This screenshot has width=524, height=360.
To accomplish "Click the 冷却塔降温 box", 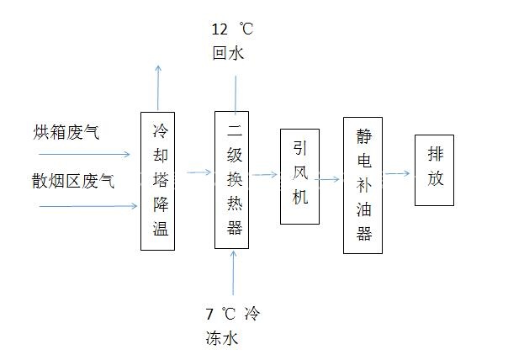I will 157,180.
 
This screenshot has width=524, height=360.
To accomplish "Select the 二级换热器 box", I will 232,180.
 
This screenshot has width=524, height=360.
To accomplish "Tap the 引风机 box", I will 299,177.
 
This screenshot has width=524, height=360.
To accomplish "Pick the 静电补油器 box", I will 363,185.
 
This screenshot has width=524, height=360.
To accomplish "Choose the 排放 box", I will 434,168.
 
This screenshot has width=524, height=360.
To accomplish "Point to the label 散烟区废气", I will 73,181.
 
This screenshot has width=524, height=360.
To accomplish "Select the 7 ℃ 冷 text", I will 233,315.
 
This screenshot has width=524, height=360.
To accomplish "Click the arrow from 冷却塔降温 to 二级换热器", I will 198,172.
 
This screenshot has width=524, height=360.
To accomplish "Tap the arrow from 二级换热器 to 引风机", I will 264,175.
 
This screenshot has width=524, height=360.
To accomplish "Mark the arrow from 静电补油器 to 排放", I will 399,173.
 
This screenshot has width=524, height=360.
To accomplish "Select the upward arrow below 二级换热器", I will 233,273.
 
